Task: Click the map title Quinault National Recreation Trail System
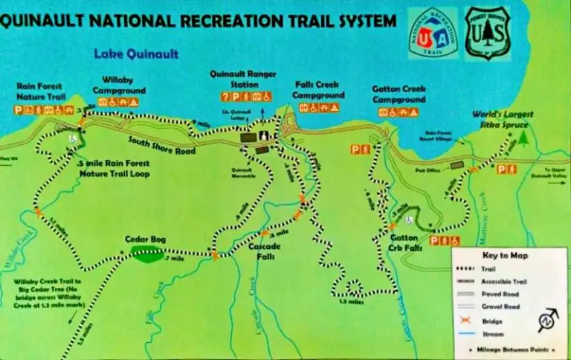pyautogui.click(x=199, y=20)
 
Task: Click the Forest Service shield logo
pyautogui.click(x=487, y=33)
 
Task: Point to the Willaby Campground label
pyautogui.click(x=123, y=86)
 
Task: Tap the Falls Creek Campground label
pyautogui.click(x=318, y=90)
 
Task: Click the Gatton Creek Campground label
pyautogui.click(x=399, y=94)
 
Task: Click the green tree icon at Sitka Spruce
pyautogui.click(x=523, y=138)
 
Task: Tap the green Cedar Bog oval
pyautogui.click(x=146, y=254)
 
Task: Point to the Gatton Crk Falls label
pyautogui.click(x=406, y=243)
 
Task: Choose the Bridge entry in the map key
pyautogui.click(x=491, y=321)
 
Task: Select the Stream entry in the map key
pyautogui.click(x=491, y=334)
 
